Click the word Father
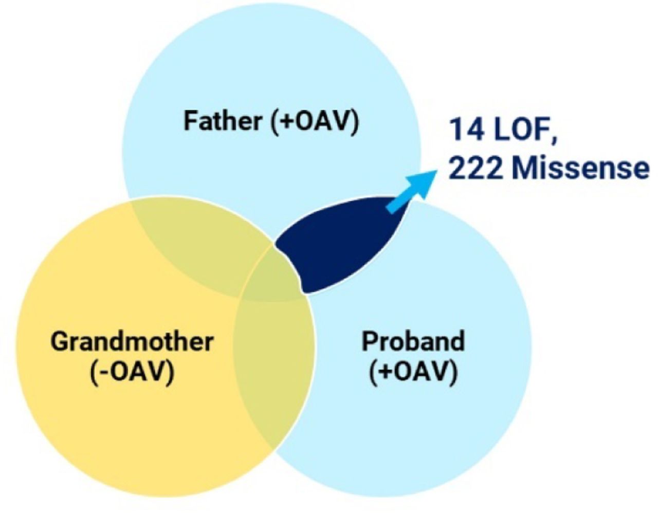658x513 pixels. pos(223,121)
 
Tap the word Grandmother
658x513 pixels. pos(132,341)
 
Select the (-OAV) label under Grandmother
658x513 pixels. pos(132,374)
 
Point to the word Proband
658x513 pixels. pos(413,341)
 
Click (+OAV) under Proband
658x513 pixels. pos(413,374)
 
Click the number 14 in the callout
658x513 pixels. pos(466,131)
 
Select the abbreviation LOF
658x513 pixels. pos(521,131)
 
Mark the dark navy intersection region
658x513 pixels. pos(339,245)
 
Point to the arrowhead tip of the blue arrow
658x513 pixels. pos(437,170)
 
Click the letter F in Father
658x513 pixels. pos(191,121)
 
